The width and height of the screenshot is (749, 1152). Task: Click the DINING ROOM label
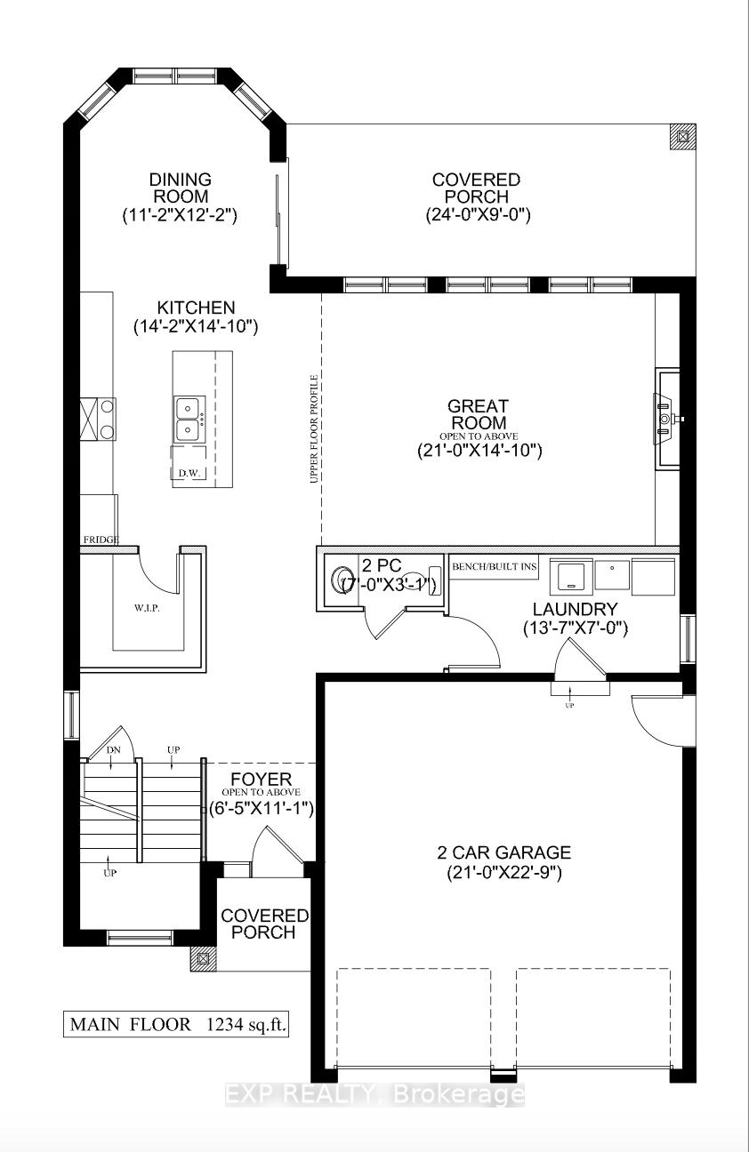(181, 188)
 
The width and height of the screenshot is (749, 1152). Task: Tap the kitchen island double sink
(189, 420)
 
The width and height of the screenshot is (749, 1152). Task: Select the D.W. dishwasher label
(189, 473)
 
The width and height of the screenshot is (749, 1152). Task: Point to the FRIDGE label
(101, 540)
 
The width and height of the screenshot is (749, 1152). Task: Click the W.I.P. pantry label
(148, 608)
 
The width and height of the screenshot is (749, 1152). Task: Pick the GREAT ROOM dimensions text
(479, 451)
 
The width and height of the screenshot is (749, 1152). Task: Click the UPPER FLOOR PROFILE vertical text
(313, 429)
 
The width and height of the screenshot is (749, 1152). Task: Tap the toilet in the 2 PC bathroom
(342, 580)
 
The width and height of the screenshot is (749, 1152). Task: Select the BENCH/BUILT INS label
(495, 567)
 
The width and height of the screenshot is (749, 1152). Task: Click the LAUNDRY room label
(575, 609)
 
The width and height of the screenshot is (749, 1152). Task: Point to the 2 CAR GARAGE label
(504, 852)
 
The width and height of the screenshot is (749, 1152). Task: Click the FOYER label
(261, 779)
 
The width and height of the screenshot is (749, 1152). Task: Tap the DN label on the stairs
(113, 750)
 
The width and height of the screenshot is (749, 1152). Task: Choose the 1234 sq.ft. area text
(246, 1024)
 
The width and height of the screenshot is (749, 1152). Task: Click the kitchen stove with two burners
(98, 419)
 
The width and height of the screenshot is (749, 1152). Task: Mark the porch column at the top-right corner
(682, 137)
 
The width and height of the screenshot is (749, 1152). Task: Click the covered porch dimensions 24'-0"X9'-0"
(478, 214)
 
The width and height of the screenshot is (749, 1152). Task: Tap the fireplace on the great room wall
(667, 419)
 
